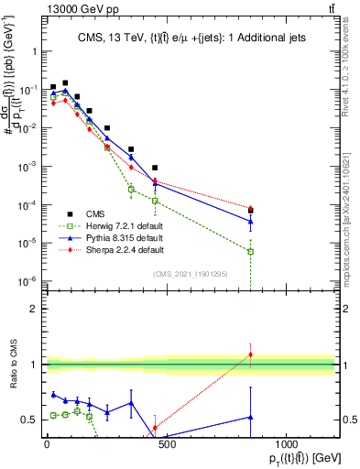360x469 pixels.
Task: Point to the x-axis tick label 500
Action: [x=166, y=444]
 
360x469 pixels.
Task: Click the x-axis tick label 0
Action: [x=47, y=444]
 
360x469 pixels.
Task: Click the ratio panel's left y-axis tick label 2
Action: [x=34, y=309]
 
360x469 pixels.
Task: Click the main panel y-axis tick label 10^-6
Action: [x=28, y=281]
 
